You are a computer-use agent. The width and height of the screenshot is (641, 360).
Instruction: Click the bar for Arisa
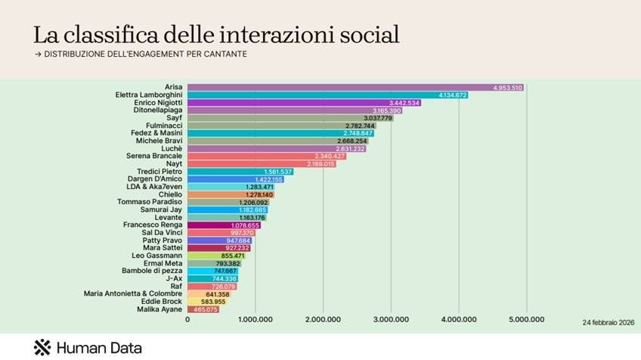point(355,88)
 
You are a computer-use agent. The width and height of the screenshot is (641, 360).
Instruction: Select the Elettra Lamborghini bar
point(327,95)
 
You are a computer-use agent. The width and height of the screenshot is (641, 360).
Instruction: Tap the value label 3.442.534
point(404,103)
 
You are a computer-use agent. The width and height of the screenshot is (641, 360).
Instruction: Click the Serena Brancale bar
point(267,156)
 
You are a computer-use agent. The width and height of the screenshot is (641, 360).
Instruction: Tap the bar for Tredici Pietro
point(240,172)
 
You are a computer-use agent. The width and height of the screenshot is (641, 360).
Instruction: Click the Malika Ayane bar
point(203,309)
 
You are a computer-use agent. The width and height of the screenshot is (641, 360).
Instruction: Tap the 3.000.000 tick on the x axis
point(391,320)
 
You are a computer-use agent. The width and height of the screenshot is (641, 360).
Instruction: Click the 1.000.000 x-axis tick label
point(255,320)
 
